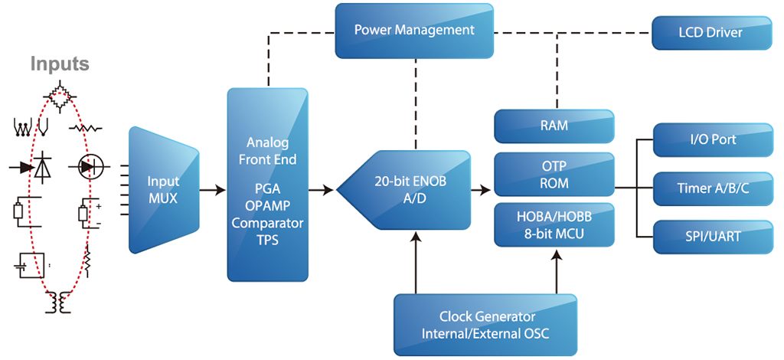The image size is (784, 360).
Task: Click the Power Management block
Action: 414,31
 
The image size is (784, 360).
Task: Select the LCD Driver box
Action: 710,33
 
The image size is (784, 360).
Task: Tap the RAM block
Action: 554,126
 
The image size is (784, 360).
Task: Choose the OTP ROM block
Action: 554,175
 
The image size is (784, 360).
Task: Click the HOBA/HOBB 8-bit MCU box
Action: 554,224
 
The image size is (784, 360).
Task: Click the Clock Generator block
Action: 487,325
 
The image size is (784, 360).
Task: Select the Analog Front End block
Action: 268,184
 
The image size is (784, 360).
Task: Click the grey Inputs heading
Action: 60,64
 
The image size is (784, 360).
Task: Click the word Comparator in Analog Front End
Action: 268,223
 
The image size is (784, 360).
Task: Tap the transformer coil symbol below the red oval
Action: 59,304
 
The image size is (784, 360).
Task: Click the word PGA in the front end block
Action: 268,189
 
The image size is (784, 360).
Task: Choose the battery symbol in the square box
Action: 29,264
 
